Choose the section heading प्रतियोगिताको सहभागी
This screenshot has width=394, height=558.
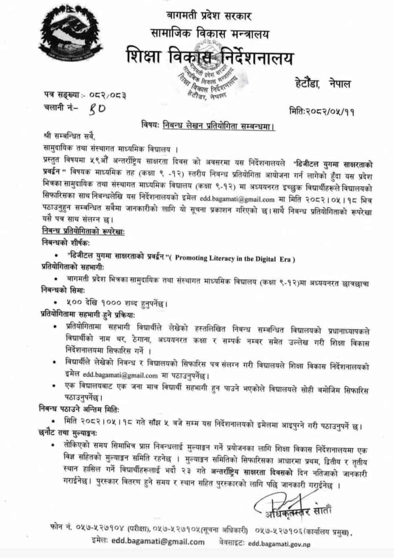point(63,267)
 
